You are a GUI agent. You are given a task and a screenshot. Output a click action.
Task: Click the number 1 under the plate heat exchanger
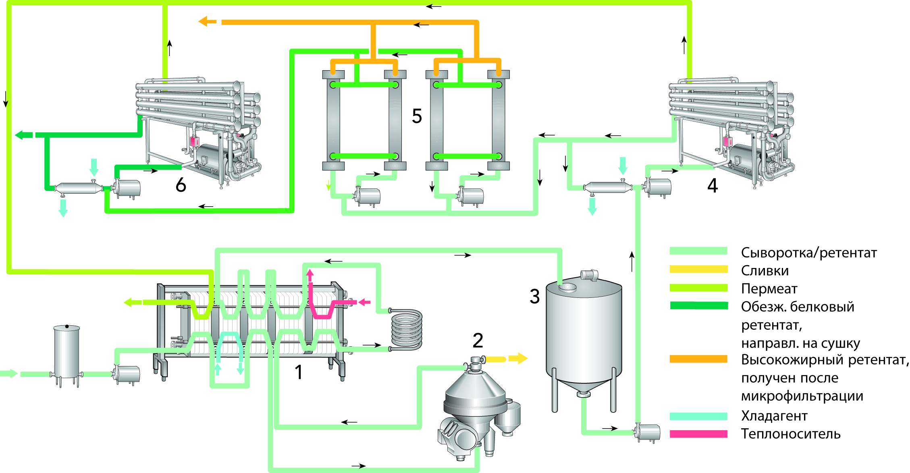coord(299,372)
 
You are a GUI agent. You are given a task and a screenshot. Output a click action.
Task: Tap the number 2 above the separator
coord(478,341)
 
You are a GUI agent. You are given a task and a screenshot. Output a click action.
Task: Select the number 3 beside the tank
coord(534,297)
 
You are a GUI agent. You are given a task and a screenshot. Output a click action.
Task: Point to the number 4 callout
coord(713,186)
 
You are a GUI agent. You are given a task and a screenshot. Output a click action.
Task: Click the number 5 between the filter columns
coord(417,116)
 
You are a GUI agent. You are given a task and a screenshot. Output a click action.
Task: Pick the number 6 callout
coord(181,185)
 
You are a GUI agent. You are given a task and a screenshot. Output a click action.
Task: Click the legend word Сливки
coord(765,271)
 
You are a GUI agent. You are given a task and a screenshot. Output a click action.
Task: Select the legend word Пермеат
coord(769,289)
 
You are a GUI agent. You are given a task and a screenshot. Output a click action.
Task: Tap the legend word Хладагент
coord(774,416)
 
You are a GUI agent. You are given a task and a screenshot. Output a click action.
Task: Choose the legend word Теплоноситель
coord(791,434)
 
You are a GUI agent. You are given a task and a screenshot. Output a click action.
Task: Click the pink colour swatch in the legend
coord(698,434)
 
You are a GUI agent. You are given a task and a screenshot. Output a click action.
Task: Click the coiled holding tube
coord(407,329)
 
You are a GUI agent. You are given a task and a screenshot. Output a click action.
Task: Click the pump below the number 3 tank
coord(647,432)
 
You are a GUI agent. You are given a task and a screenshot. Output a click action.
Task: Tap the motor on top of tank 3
coord(590,275)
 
